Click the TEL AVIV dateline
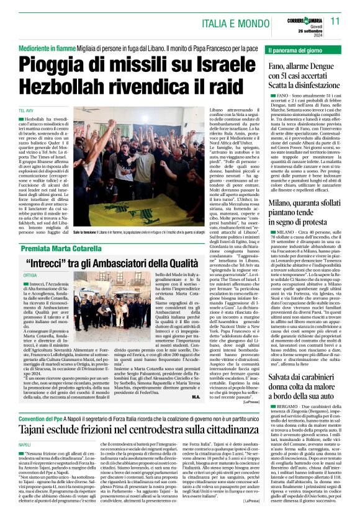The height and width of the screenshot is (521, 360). pyautogui.click(x=26, y=110)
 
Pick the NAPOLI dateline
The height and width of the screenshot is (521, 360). pyautogui.click(x=25, y=445)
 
